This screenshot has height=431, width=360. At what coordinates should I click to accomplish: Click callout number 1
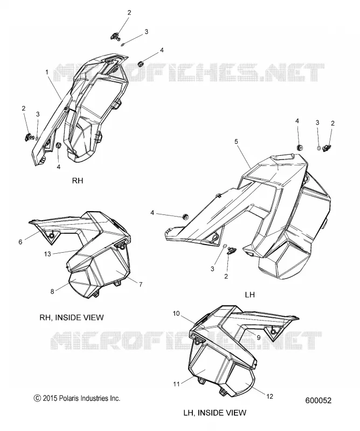(47, 72)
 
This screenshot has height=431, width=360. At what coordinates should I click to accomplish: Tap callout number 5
(236, 142)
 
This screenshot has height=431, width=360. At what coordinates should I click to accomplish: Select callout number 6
(20, 242)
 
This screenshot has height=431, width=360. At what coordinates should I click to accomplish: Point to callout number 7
(141, 284)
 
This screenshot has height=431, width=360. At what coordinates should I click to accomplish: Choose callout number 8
(52, 291)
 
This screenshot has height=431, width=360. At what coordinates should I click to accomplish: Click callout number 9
(259, 337)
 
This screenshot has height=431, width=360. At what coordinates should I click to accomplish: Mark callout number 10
(176, 314)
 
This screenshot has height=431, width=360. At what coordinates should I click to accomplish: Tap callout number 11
(176, 384)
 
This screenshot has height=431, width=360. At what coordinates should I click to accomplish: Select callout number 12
(270, 396)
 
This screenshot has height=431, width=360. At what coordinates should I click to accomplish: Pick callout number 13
(47, 254)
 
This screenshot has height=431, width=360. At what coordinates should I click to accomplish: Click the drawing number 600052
(318, 400)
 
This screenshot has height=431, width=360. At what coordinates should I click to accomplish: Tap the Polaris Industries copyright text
(77, 398)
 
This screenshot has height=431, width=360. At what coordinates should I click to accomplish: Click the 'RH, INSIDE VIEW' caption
(72, 317)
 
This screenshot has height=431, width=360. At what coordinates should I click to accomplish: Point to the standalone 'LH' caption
(250, 295)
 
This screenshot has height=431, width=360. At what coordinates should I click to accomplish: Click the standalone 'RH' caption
(77, 180)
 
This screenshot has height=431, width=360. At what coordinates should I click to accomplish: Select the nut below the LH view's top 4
(300, 148)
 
